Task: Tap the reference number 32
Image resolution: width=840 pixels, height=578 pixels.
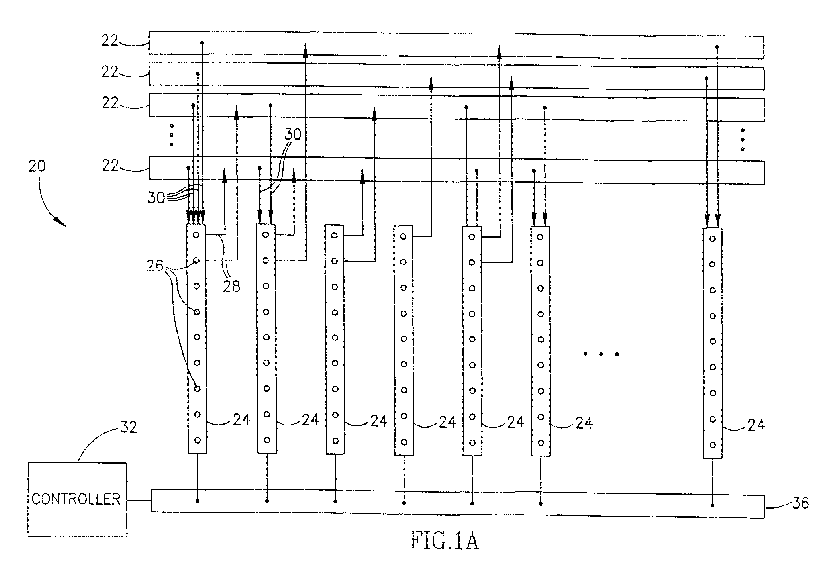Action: click(x=128, y=427)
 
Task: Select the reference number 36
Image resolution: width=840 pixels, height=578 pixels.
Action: click(x=800, y=503)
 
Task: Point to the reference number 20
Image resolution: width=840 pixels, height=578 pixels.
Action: click(x=37, y=166)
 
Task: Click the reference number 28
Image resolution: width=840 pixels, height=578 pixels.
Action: click(x=231, y=287)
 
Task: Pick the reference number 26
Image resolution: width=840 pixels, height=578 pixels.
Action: click(x=155, y=266)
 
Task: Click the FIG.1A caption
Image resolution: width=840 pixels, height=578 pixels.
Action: click(x=445, y=540)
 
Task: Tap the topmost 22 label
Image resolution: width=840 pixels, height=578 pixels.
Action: click(x=110, y=40)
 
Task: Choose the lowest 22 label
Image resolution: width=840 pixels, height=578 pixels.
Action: click(x=110, y=165)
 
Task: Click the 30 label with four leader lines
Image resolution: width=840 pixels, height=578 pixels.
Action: click(x=156, y=197)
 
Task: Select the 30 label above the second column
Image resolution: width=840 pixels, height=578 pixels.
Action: click(x=293, y=134)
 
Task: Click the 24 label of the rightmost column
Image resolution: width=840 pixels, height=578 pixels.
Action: click(x=756, y=425)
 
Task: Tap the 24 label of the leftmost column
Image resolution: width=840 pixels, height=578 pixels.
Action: click(x=241, y=419)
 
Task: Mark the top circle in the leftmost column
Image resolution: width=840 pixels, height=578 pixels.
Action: click(x=196, y=235)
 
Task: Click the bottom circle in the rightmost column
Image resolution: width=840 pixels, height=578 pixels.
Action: click(x=713, y=445)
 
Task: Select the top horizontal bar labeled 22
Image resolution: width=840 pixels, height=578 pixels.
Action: click(x=457, y=45)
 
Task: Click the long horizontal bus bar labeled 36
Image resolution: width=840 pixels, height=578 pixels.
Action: click(x=458, y=503)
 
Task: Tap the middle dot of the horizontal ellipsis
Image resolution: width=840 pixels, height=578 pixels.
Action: click(x=601, y=354)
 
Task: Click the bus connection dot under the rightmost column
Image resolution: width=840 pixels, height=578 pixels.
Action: click(x=713, y=506)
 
